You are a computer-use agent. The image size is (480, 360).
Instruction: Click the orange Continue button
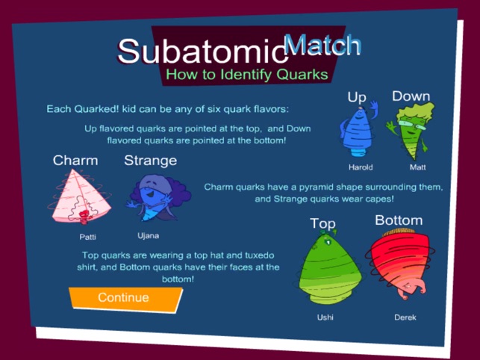[124, 297]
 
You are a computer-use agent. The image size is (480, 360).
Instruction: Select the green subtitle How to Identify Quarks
[246, 75]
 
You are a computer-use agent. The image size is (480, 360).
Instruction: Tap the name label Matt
[417, 167]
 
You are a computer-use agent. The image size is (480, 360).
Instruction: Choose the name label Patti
[87, 237]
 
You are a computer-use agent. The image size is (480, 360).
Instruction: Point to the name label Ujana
[149, 235]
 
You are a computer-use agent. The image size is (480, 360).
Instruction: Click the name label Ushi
[325, 317]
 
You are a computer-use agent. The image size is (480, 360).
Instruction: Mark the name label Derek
[405, 317]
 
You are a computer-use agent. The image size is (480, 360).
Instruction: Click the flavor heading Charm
[75, 161]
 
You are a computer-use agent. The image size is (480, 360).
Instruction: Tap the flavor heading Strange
[150, 160]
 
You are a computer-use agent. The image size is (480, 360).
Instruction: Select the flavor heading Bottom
[398, 220]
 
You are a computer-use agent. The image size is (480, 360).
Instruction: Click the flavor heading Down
[411, 96]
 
